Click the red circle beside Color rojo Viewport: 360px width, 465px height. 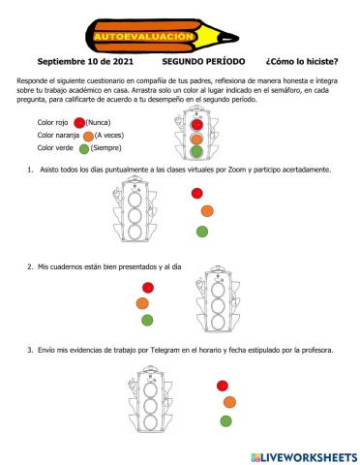78,122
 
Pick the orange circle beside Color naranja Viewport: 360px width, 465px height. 88,136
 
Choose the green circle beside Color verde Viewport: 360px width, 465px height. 83,149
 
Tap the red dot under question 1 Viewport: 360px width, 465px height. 198,194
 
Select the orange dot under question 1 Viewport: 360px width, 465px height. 207,210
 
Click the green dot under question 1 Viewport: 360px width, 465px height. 201,231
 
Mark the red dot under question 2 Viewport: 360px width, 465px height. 147,287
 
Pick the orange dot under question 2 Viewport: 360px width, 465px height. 142,303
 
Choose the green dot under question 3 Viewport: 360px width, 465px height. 225,420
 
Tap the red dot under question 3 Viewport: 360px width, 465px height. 223,385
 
